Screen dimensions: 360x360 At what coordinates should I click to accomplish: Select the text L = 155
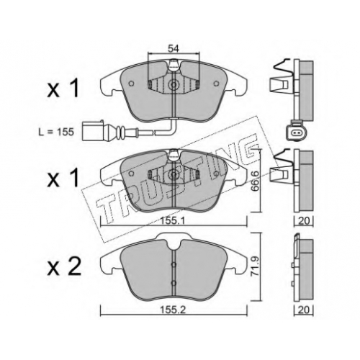[x=56, y=132]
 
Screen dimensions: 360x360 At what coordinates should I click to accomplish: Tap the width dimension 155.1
[x=174, y=221]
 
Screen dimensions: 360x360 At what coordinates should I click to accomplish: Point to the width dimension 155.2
[x=174, y=310]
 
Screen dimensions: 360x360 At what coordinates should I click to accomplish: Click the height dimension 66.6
[x=255, y=181]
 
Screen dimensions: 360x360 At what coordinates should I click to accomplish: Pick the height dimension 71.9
[x=256, y=266]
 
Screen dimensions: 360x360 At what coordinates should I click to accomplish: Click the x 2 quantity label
[x=64, y=267]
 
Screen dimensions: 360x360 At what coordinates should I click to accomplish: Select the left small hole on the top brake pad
[x=131, y=84]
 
